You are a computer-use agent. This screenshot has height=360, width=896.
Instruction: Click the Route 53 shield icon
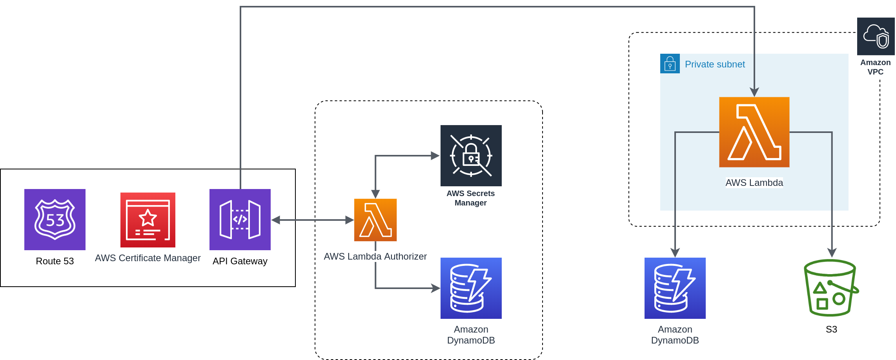click(x=55, y=220)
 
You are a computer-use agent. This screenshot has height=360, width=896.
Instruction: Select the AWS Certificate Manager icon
click(x=148, y=220)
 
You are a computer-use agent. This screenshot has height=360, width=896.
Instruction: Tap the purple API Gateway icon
click(x=240, y=220)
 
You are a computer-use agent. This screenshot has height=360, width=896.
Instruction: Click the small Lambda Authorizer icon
click(x=375, y=220)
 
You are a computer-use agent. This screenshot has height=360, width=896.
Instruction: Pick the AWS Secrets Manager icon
click(x=471, y=156)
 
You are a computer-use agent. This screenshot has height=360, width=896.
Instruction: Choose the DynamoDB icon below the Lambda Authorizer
click(x=471, y=288)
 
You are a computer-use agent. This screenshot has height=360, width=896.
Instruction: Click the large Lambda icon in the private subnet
click(x=754, y=132)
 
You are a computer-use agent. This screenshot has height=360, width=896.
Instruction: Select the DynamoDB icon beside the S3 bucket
click(x=675, y=288)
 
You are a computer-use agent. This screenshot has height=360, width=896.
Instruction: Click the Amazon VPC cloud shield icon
click(x=876, y=36)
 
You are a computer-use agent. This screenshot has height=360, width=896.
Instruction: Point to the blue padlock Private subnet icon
click(x=670, y=64)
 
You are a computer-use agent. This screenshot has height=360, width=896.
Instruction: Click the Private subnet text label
click(x=715, y=64)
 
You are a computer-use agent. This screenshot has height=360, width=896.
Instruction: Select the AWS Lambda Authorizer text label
click(x=375, y=256)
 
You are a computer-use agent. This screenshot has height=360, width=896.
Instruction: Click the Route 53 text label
click(x=55, y=261)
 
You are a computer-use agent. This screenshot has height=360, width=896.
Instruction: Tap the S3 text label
click(x=831, y=329)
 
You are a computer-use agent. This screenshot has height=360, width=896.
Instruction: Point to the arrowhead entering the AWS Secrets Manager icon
click(x=435, y=156)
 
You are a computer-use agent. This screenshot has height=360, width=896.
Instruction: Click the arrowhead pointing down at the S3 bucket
click(x=832, y=253)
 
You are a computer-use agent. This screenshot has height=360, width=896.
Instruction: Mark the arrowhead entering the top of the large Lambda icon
click(x=754, y=92)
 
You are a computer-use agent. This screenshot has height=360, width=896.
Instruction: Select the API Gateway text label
click(x=240, y=261)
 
